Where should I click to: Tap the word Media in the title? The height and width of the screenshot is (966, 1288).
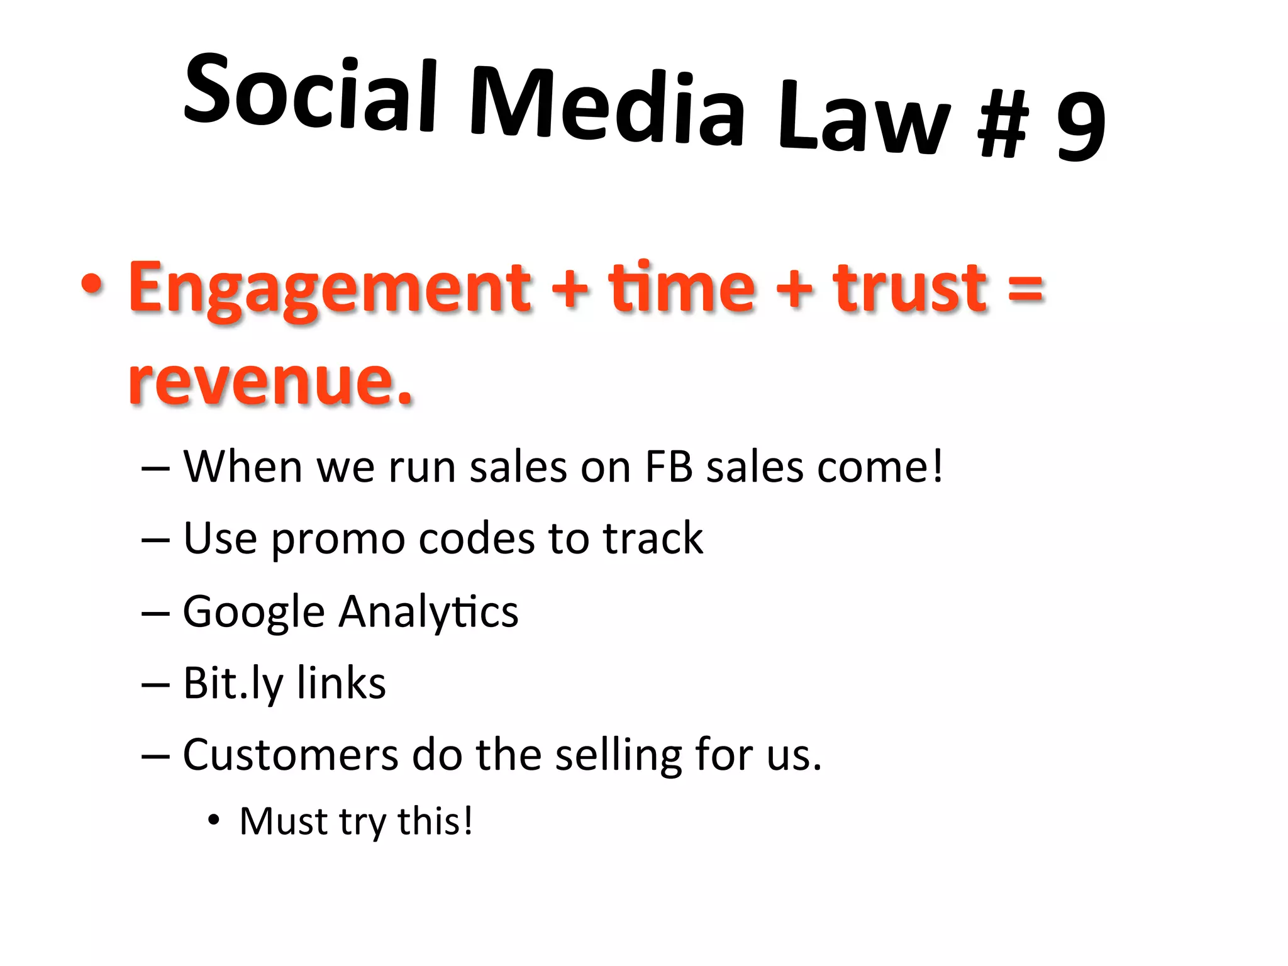coord(607,107)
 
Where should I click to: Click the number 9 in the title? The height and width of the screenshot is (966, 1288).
coord(1080,126)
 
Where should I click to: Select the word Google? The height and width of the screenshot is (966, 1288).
coord(253,611)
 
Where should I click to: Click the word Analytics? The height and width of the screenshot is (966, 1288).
coord(428,611)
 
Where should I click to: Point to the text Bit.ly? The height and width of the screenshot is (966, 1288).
coord(233,683)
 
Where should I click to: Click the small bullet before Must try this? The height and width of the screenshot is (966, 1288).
coord(214,820)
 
